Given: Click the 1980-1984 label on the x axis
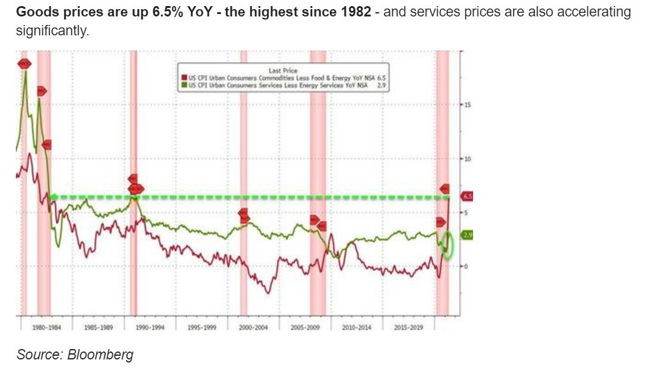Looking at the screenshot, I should point(46,327).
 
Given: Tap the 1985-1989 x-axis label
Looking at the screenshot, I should point(98,327).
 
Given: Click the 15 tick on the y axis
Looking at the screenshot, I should point(467,105).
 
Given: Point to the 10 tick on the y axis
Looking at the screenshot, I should point(467,158).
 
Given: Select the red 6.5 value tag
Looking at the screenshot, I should point(468,197).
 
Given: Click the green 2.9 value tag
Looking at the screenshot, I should point(468,235).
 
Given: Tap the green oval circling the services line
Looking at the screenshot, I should point(448,245).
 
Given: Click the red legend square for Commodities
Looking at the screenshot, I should point(182,77).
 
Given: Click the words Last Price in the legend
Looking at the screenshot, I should point(283,70).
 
